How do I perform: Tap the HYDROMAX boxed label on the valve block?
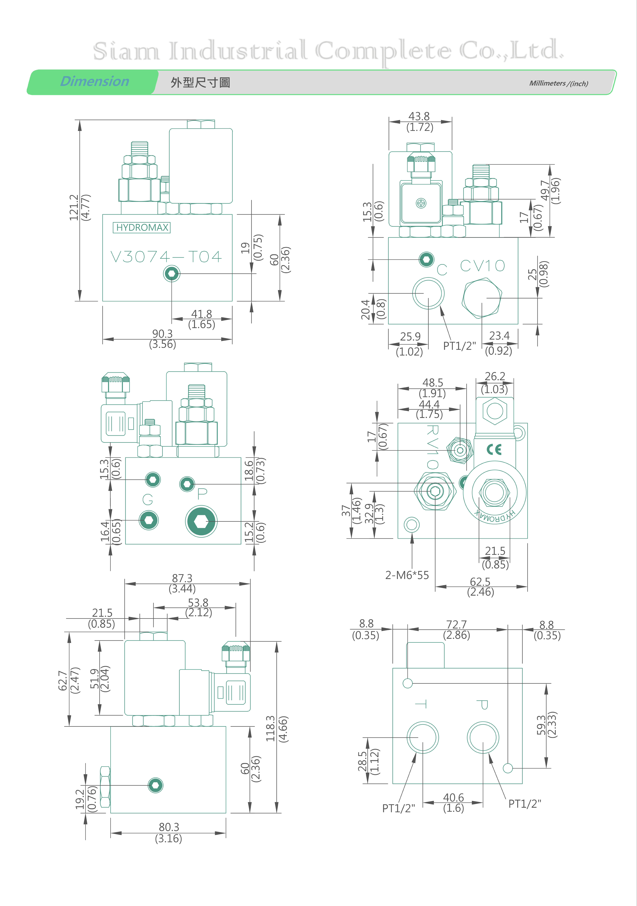tap(142, 228)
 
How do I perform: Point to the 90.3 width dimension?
tap(162, 334)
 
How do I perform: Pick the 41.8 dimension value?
tap(202, 314)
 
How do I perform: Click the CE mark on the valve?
tap(494, 449)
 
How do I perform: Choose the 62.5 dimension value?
tap(480, 582)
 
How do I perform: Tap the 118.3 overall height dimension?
tap(271, 729)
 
